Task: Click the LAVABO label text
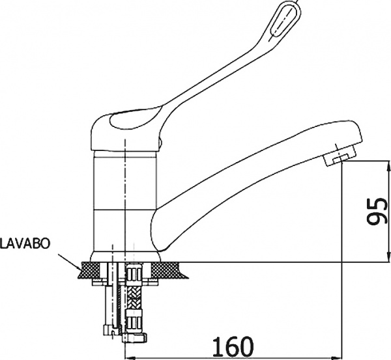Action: click(25, 243)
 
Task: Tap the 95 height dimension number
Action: click(377, 212)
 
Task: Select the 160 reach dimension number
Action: click(233, 346)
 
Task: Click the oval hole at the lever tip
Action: click(283, 20)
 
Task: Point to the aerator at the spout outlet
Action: click(339, 158)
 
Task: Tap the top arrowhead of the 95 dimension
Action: click(388, 165)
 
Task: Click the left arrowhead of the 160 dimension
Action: click(129, 358)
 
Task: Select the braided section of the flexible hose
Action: click(134, 298)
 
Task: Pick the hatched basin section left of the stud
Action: click(89, 271)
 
